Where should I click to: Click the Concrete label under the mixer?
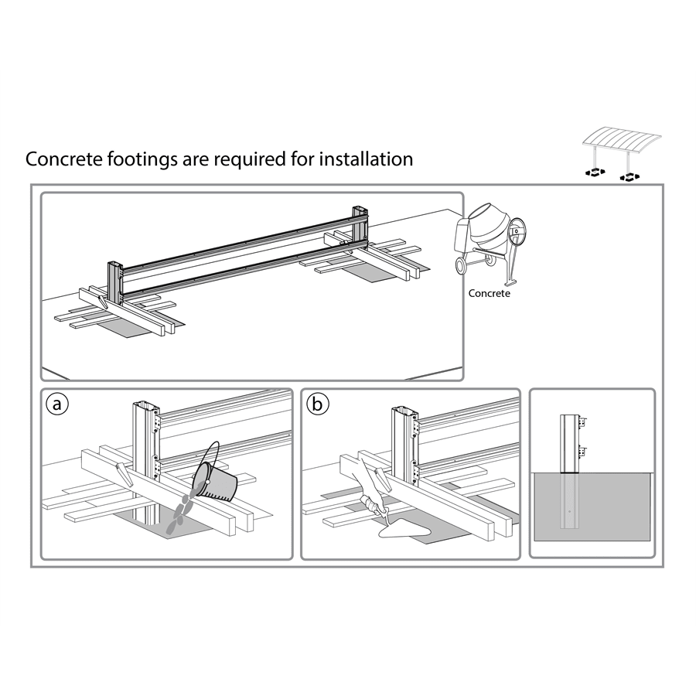(490, 294)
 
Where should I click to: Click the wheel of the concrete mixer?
(463, 265)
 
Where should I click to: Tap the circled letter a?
(55, 404)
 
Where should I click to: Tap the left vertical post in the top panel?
(114, 282)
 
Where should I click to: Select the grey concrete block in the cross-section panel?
(611, 510)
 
